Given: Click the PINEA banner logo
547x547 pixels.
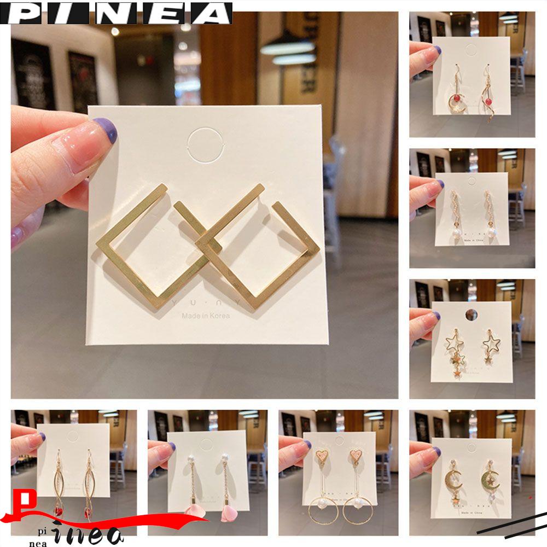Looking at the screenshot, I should [x=116, y=13].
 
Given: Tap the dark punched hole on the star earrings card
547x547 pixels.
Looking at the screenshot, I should [x=471, y=314].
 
